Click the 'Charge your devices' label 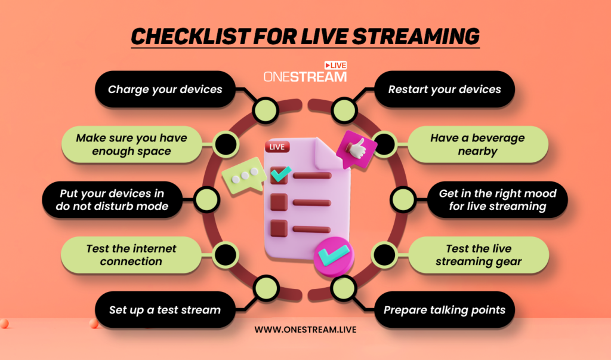pyautogui.click(x=165, y=90)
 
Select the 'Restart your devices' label pyautogui.click(x=445, y=90)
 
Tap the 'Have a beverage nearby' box pyautogui.click(x=477, y=144)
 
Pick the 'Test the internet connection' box pyautogui.click(x=131, y=255)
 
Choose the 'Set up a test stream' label pyautogui.click(x=165, y=310)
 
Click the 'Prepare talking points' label pyautogui.click(x=445, y=310)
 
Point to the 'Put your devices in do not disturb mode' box pyautogui.click(x=113, y=200)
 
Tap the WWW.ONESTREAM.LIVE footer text pyautogui.click(x=305, y=329)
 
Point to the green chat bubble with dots pyautogui.click(x=244, y=174)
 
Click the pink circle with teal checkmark pyautogui.click(x=331, y=256)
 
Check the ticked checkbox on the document pyautogui.click(x=279, y=174)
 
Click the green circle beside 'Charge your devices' pyautogui.click(x=263, y=109)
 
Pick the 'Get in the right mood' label pyautogui.click(x=497, y=200)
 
